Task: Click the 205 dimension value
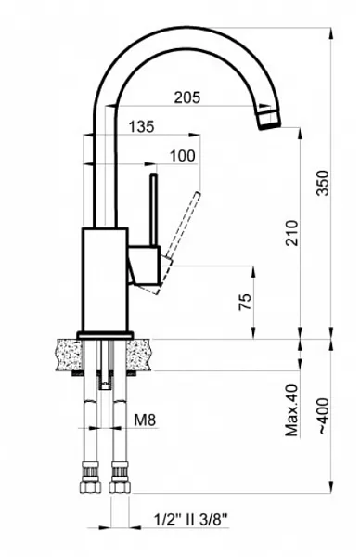[187, 97]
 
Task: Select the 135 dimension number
[141, 127]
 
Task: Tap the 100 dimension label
[183, 156]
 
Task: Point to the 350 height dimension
[323, 183]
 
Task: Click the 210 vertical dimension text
[292, 233]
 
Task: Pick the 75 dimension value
[245, 302]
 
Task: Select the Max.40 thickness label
[292, 410]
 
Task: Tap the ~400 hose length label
[323, 416]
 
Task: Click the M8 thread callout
[145, 421]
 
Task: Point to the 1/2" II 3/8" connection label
[190, 520]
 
